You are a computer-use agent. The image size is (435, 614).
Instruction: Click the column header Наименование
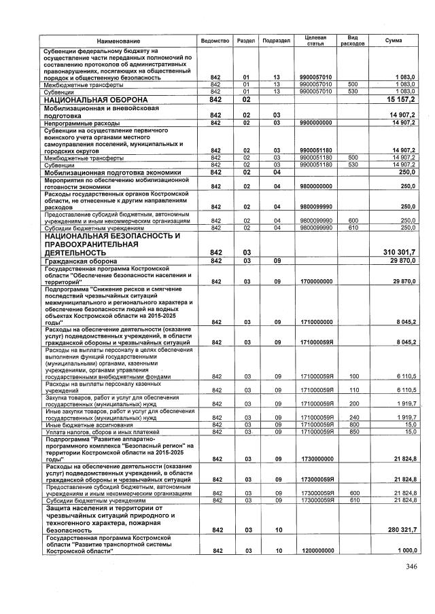(117, 41)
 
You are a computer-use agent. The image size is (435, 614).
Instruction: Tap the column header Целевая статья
(316, 40)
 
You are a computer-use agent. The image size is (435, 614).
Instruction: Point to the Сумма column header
(393, 41)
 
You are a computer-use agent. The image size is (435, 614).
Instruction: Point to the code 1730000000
(316, 459)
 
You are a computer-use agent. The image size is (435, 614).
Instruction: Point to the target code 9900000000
(316, 123)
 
